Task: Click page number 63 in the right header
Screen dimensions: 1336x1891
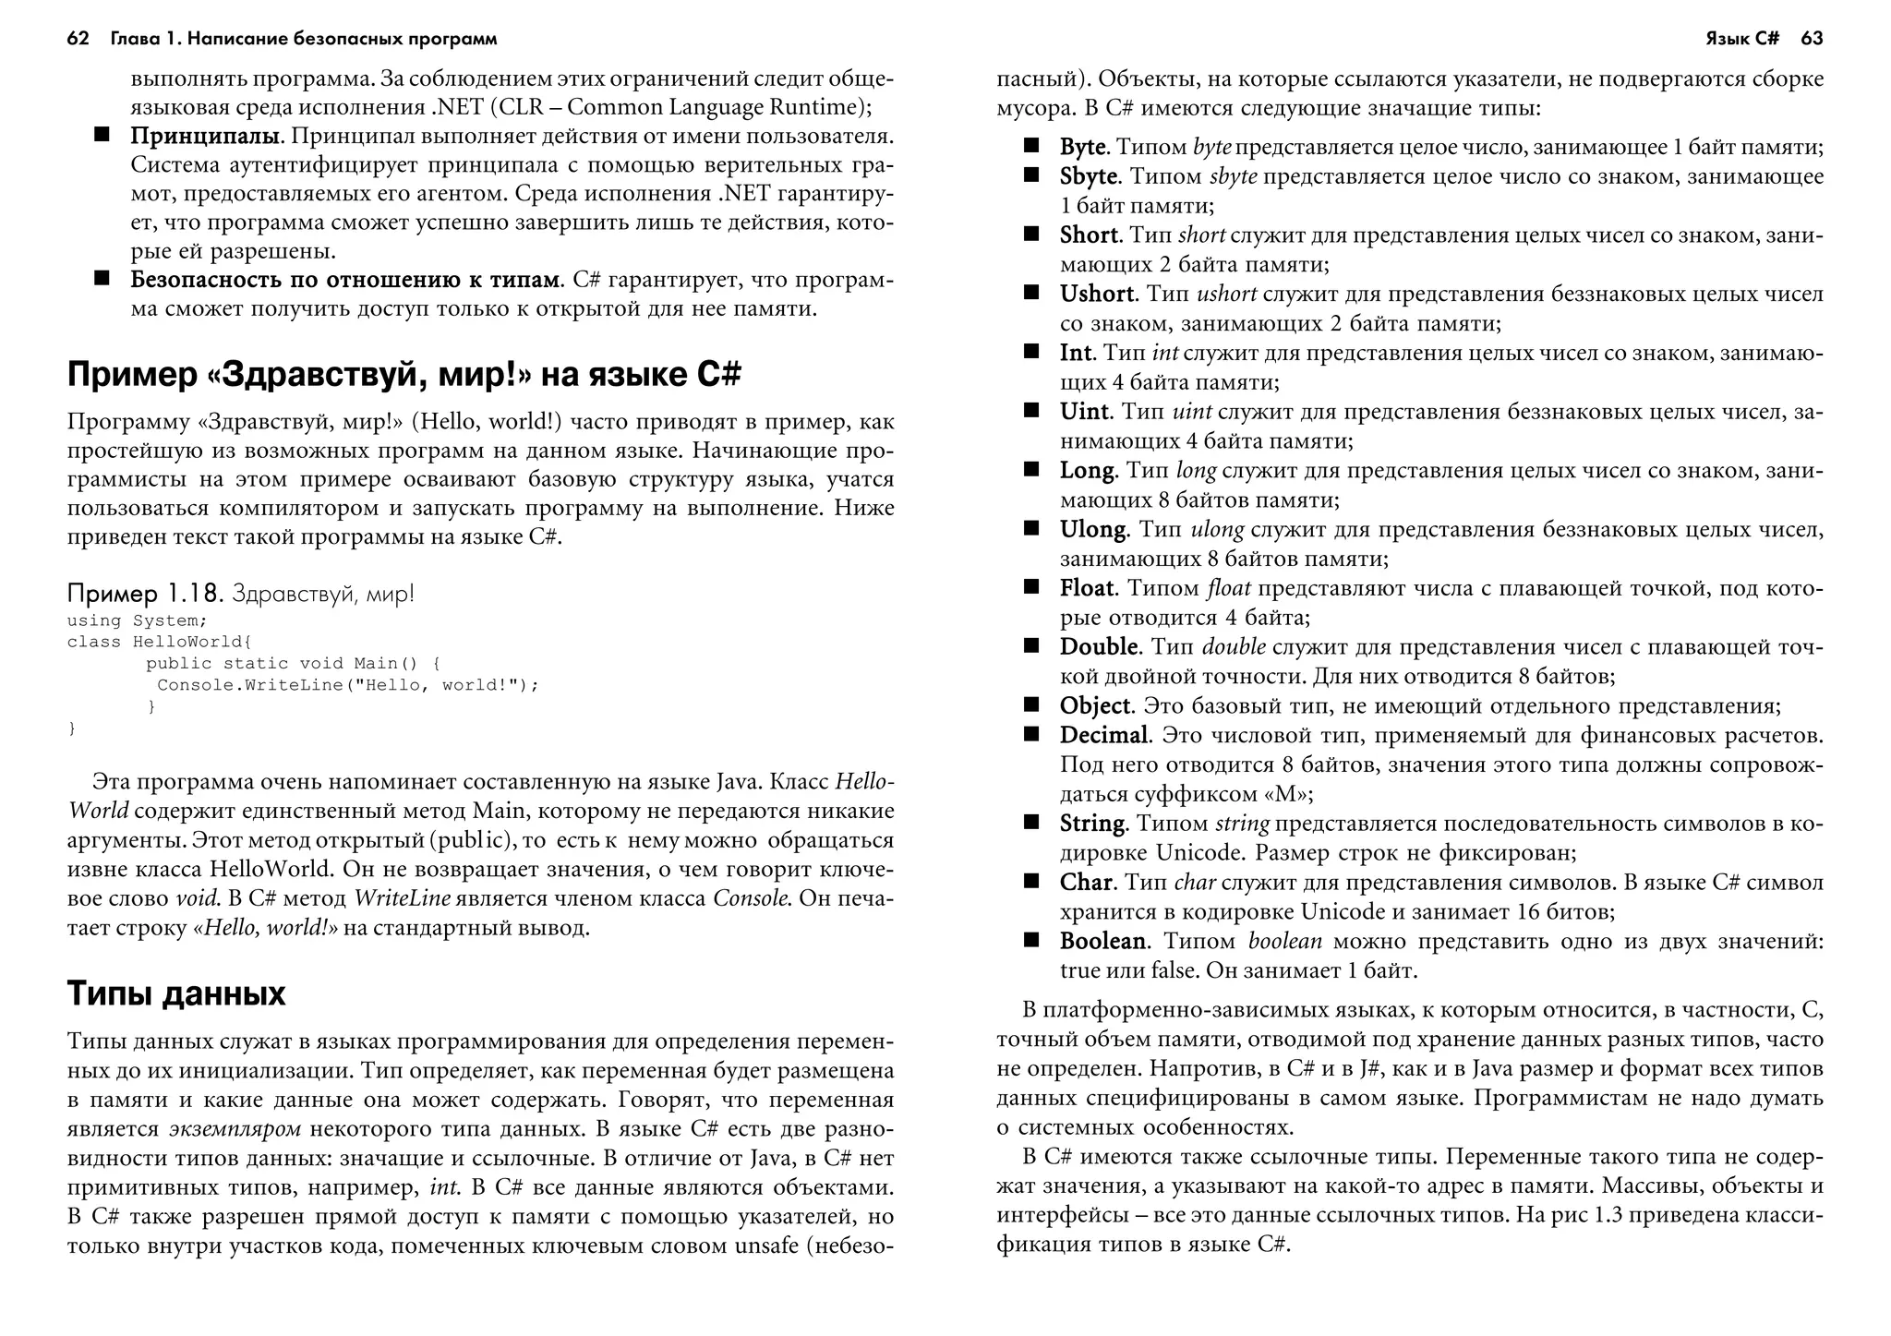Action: click(1812, 39)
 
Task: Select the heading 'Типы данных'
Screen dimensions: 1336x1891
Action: click(176, 993)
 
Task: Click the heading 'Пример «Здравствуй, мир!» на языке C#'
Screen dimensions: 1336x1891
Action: click(403, 375)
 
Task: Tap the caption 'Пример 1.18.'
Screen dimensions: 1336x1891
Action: click(146, 593)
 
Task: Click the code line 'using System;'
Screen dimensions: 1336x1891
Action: click(137, 620)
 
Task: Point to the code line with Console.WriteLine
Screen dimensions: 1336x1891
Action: click(347, 685)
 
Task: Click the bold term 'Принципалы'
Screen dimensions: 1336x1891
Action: click(205, 137)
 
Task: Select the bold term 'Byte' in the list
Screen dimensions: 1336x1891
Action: click(1082, 147)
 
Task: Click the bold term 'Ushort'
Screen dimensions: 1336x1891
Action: click(1097, 294)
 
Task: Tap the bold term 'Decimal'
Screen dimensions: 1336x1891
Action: click(1103, 735)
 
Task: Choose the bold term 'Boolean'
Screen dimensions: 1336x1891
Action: click(1102, 941)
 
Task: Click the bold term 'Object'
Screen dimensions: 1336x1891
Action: click(1094, 705)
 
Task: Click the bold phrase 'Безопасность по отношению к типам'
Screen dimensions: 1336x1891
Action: click(345, 280)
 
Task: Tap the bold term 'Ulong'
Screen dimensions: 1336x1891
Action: click(1093, 529)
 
